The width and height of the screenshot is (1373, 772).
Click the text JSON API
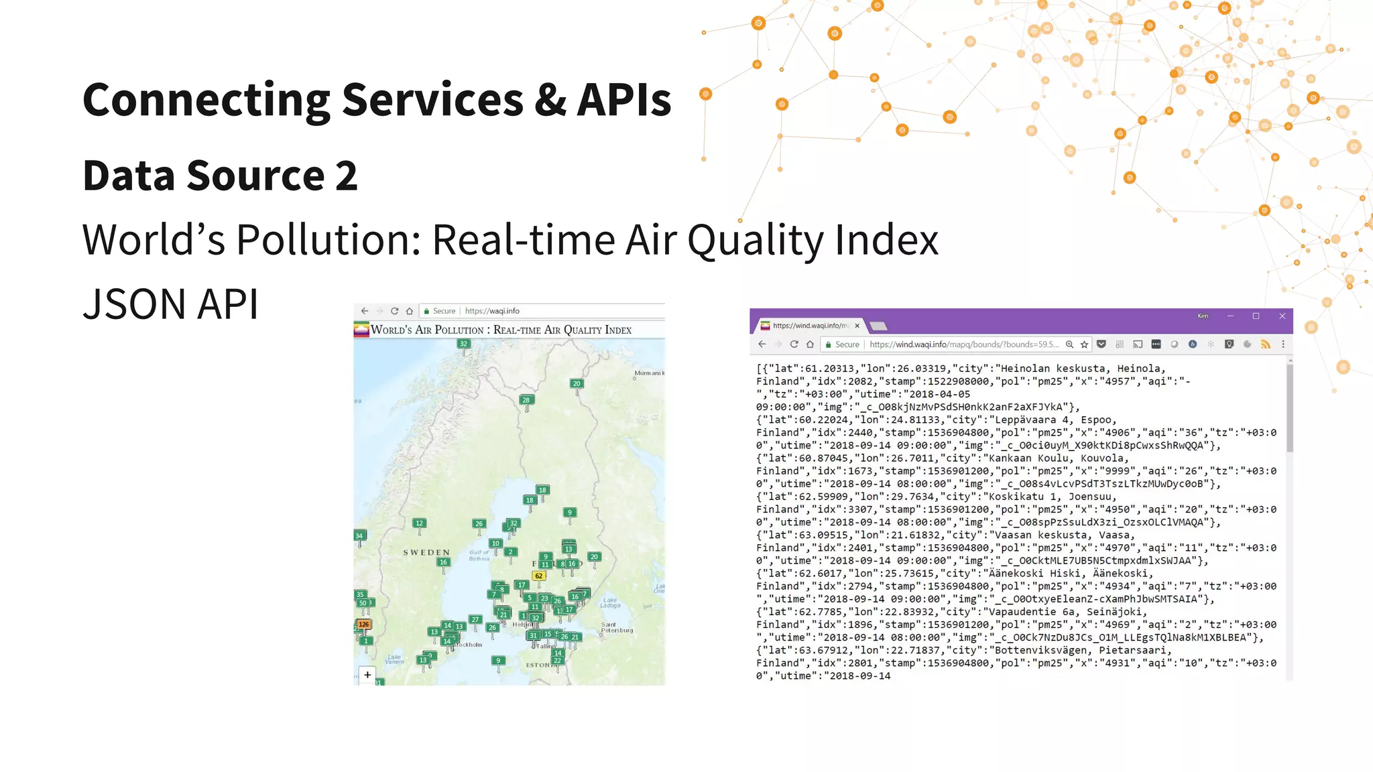pos(170,305)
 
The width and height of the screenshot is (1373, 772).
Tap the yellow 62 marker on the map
pos(538,576)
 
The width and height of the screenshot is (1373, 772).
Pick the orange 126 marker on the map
pos(363,624)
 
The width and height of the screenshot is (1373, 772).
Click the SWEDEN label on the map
pos(426,553)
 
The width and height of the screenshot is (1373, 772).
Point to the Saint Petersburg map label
pos(616,627)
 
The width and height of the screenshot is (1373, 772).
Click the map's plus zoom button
pos(367,675)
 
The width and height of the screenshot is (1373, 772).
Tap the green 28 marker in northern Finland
pos(526,400)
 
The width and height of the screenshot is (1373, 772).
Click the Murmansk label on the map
pos(648,373)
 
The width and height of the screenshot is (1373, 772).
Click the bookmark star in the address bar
pos(1084,344)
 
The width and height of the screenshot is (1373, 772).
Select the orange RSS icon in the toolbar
pos(1265,344)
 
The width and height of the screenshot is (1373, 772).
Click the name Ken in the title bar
pos(1203,316)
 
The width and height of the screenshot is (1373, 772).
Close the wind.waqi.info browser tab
pos(857,326)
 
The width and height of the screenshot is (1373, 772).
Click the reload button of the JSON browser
pos(794,344)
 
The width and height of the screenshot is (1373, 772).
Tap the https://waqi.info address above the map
pos(492,311)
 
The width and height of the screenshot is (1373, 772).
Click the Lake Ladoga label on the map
pos(610,602)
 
